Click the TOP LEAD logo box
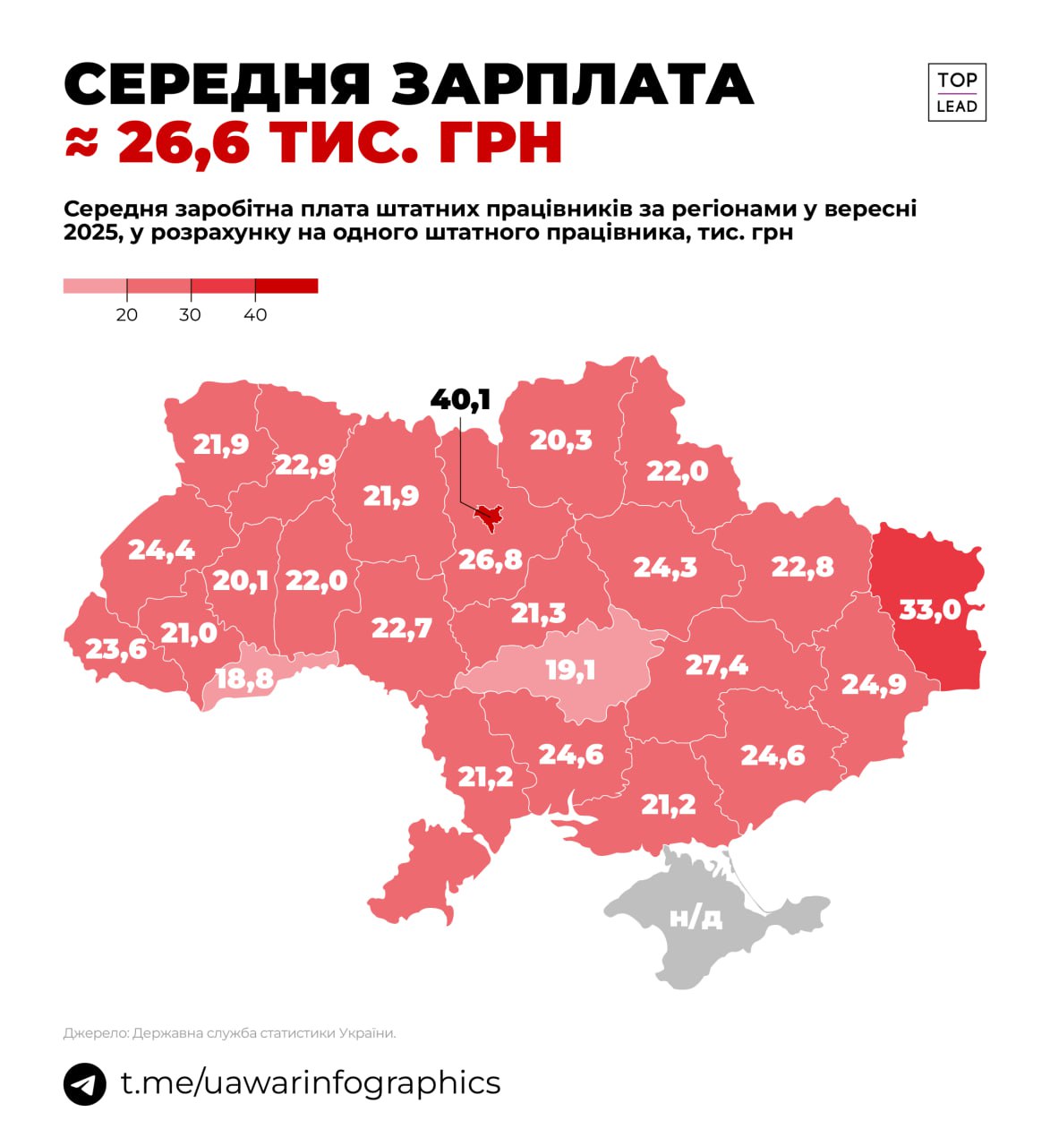coord(956,92)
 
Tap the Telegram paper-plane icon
coord(85,1083)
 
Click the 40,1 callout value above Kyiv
coord(460,399)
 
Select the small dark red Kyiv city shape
coord(489,516)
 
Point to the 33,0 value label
coord(929,610)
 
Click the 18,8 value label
coord(244,679)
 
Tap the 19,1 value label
coord(570,670)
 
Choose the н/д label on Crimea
coord(696,917)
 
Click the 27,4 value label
coord(716,665)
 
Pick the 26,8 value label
coord(490,560)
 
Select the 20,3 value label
coord(560,440)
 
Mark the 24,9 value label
coord(874,684)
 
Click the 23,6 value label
coord(115,648)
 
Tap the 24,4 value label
coord(161,549)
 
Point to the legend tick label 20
coord(127,315)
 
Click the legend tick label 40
coord(255,315)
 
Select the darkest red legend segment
coord(286,286)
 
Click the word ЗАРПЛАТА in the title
coord(572,85)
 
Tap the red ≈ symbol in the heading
coord(81,143)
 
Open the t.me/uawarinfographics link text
coord(311,1082)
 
